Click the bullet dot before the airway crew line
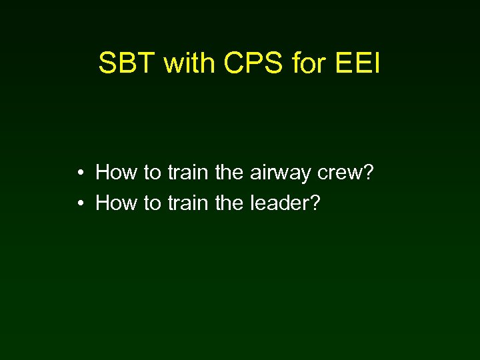pos(79,174)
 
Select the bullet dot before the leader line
pos(79,203)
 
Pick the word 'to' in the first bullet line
pos(153,173)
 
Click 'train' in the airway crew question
pos(189,173)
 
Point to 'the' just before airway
pos(230,173)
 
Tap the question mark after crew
pos(367,173)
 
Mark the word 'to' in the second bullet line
pos(153,203)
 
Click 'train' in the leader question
pos(189,203)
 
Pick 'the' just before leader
pos(230,203)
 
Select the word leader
pos(279,203)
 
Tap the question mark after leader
pos(315,203)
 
